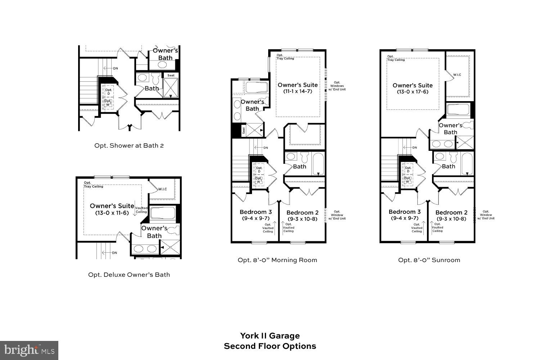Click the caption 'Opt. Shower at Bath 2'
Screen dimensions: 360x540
point(129,145)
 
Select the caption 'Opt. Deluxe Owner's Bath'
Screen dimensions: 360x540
point(129,275)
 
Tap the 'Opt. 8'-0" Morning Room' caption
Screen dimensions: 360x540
point(277,260)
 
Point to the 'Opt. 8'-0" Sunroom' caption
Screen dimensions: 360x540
point(429,260)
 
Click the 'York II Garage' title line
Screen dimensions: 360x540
point(270,336)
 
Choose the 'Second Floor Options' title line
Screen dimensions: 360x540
point(270,346)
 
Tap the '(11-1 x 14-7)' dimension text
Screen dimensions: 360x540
point(297,91)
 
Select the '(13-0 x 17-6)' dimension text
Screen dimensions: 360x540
point(413,92)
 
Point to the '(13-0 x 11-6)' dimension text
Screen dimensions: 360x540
point(112,213)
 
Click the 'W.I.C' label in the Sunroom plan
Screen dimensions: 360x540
point(457,75)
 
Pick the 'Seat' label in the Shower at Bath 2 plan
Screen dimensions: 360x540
point(171,75)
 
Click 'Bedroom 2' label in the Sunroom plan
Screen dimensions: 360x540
point(451,212)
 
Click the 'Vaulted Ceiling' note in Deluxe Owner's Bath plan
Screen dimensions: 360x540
point(141,210)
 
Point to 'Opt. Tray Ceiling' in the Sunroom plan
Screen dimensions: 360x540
point(396,58)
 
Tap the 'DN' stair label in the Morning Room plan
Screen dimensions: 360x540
point(265,148)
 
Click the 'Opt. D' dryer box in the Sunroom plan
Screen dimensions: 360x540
point(408,170)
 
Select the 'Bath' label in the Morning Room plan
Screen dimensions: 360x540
point(300,166)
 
